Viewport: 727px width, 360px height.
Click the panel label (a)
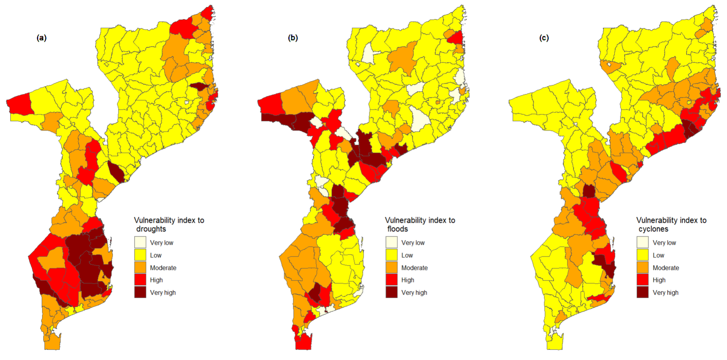click(x=41, y=38)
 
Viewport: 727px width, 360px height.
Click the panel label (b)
click(x=293, y=38)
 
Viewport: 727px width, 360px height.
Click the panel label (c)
click(x=544, y=38)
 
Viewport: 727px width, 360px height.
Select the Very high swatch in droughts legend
click(x=140, y=292)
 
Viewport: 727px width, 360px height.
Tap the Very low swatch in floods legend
click(x=391, y=242)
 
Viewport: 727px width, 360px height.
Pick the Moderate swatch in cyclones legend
click(x=642, y=267)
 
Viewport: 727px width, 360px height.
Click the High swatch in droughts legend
click(x=140, y=280)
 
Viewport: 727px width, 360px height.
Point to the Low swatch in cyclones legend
click(x=642, y=255)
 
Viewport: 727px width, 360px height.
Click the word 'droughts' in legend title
click(x=151, y=229)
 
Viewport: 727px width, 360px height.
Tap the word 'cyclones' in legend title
click(x=653, y=229)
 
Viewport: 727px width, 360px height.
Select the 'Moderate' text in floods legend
click(x=414, y=268)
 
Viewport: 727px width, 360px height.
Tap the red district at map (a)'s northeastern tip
click(x=208, y=13)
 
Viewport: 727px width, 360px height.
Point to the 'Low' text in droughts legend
click(x=155, y=255)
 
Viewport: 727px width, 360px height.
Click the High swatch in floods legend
click(x=391, y=280)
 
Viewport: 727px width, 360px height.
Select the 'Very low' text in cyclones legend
click(x=664, y=243)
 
